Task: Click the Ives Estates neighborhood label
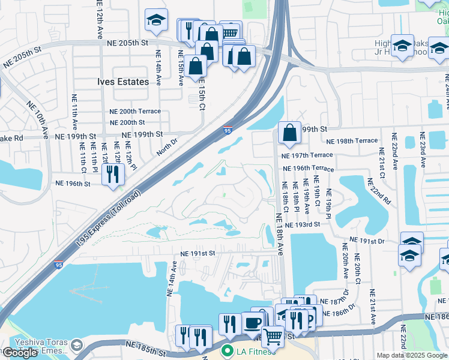click(x=123, y=82)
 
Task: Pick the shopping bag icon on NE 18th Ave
click(x=289, y=133)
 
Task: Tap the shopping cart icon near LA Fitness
click(x=273, y=337)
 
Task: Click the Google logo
click(x=20, y=353)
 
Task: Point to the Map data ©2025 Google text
click(x=412, y=355)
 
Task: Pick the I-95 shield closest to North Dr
click(x=228, y=130)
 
